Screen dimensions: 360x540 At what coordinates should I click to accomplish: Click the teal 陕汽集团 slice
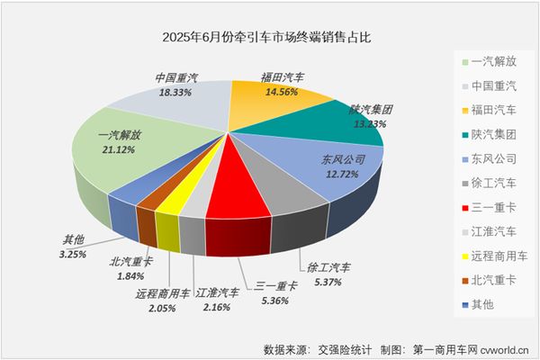click(346, 126)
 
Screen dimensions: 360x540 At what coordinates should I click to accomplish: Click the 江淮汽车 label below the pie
click(217, 292)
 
